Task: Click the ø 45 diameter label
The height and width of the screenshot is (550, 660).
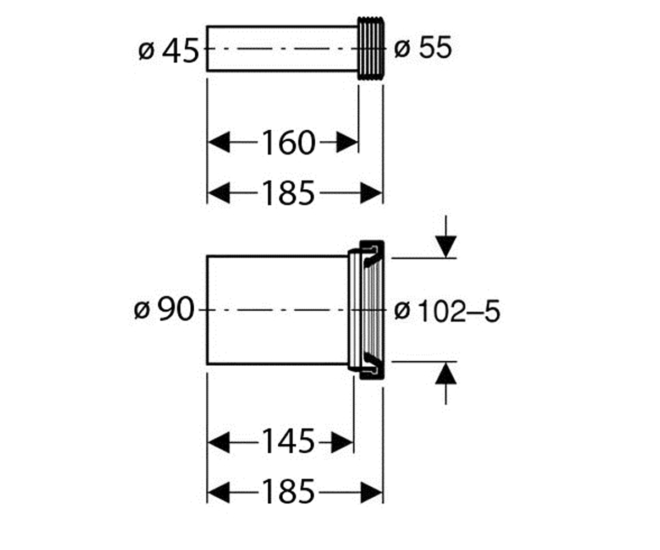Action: tap(168, 51)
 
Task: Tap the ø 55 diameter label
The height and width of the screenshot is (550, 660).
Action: tap(423, 48)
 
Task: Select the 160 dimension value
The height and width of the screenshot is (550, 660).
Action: tap(289, 142)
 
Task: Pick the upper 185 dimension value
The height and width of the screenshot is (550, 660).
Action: tap(289, 193)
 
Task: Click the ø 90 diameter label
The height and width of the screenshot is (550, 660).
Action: tap(164, 310)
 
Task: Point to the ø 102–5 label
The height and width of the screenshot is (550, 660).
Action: tap(447, 311)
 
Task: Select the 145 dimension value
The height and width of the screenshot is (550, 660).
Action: tap(289, 442)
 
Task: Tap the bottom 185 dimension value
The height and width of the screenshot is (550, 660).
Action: tap(289, 492)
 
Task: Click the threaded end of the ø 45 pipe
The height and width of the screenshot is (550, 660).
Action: tap(371, 48)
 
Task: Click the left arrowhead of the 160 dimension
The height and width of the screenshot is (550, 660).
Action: tap(219, 142)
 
